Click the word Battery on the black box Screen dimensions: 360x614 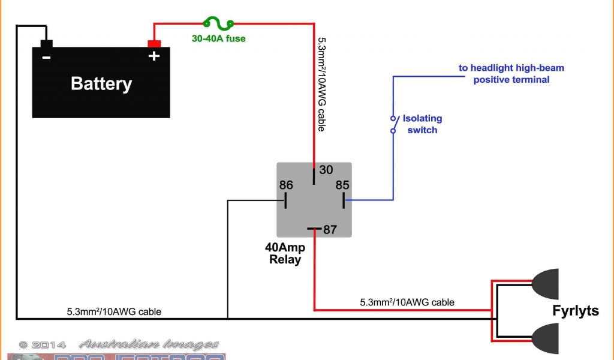[101, 83]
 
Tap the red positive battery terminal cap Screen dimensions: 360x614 [154, 43]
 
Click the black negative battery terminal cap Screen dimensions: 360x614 [46, 43]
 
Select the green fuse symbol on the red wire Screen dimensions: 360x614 [218, 24]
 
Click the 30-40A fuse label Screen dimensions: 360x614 [218, 39]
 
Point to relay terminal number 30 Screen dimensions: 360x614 [326, 170]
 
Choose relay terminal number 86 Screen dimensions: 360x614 [286, 185]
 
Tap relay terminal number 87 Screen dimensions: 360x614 [330, 229]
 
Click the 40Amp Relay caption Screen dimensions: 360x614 [285, 253]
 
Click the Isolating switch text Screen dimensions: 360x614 [422, 124]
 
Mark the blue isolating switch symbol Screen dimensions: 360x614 [393, 124]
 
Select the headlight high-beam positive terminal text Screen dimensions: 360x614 [511, 74]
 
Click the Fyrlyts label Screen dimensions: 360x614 [576, 311]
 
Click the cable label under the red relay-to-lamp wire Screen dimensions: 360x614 [407, 302]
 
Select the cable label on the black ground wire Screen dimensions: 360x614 [114, 311]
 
